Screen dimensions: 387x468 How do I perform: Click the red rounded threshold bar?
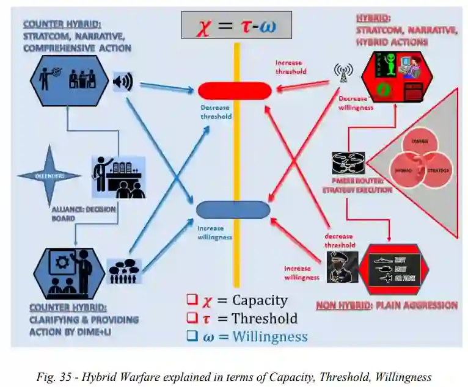[235, 91]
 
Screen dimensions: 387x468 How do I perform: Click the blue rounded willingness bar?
[233, 209]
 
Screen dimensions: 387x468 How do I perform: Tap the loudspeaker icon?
[123, 82]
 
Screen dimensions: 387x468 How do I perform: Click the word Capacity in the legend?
[259, 300]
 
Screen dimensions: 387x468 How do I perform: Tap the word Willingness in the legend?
[269, 336]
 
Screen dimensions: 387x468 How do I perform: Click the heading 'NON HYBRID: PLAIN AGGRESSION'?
[386, 305]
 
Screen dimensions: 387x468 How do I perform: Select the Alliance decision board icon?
[119, 177]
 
